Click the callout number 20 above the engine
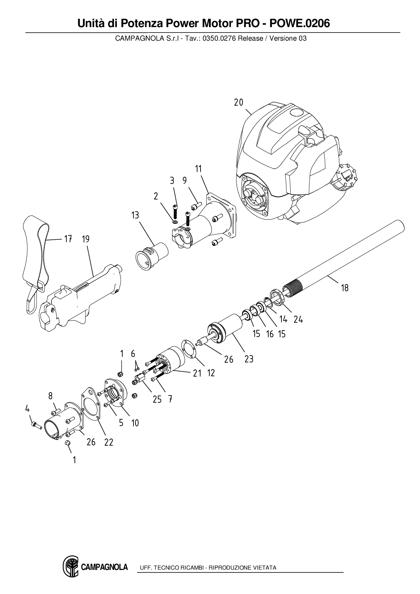pyautogui.click(x=238, y=102)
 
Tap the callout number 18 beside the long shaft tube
pyautogui.click(x=344, y=288)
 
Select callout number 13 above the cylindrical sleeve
pyautogui.click(x=135, y=215)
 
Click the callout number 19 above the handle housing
pyautogui.click(x=86, y=239)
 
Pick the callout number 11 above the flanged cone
pyautogui.click(x=198, y=169)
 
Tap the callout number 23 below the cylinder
pyautogui.click(x=249, y=359)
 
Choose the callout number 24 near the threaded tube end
pyautogui.click(x=298, y=319)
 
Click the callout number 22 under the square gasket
pyautogui.click(x=109, y=442)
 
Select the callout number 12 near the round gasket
pyautogui.click(x=211, y=373)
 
